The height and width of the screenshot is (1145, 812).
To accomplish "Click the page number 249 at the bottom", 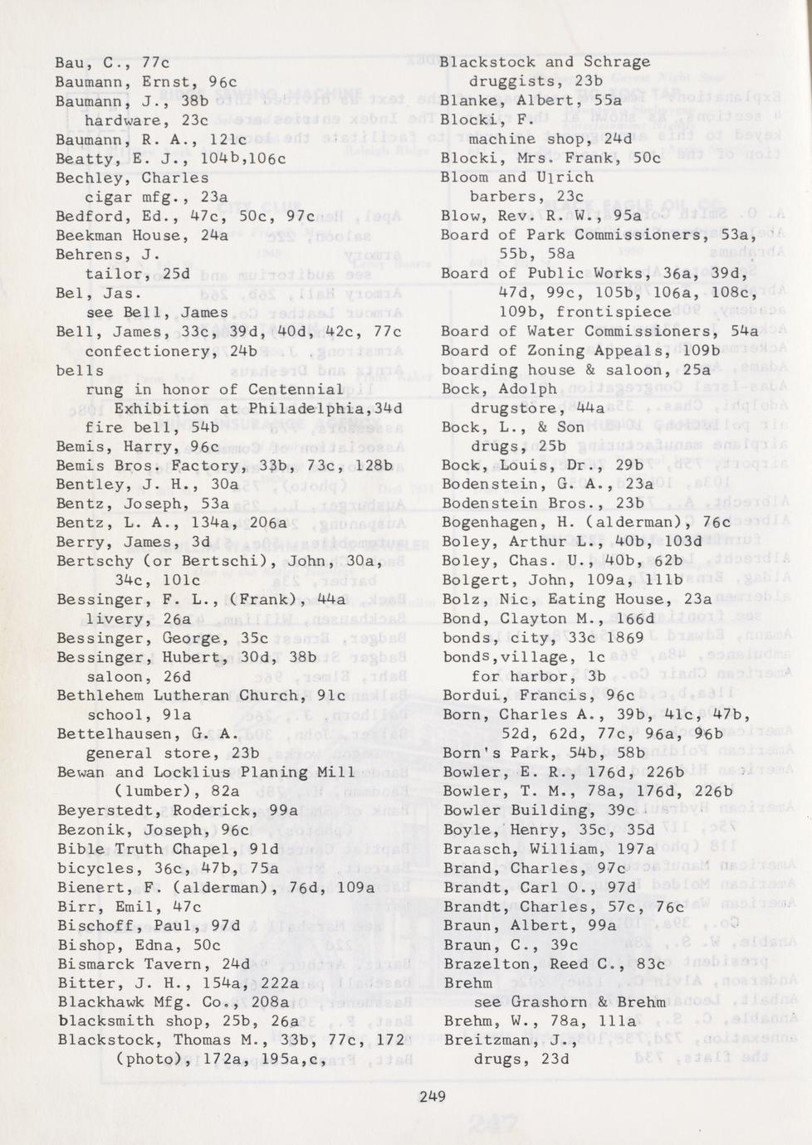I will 432,1097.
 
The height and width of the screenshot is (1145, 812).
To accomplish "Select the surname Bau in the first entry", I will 70,63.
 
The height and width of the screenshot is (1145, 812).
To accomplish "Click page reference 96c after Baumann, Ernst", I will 223,82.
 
